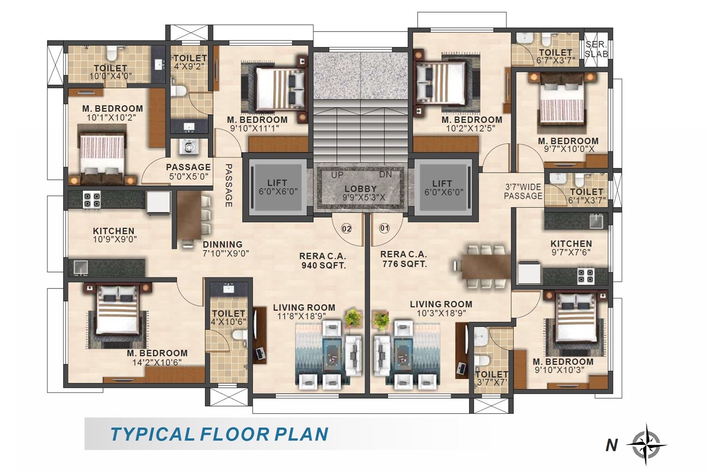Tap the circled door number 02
click(x=346, y=229)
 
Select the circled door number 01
click(x=385, y=228)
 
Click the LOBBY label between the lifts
click(x=361, y=189)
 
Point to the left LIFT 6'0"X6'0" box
click(x=278, y=187)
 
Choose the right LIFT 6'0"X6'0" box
click(x=443, y=187)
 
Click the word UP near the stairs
click(x=337, y=175)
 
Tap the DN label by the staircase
click(x=386, y=175)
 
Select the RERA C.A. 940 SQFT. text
click(x=323, y=261)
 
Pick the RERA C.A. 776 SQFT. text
click(x=404, y=259)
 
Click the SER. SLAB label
click(x=596, y=49)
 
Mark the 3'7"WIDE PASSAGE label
click(x=523, y=192)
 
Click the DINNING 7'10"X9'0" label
click(x=225, y=248)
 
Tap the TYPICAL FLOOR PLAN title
click(x=219, y=434)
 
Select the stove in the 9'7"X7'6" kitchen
click(x=586, y=276)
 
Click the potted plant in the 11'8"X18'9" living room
click(x=353, y=318)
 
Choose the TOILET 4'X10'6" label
click(x=229, y=317)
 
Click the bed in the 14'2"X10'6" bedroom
click(x=117, y=313)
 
